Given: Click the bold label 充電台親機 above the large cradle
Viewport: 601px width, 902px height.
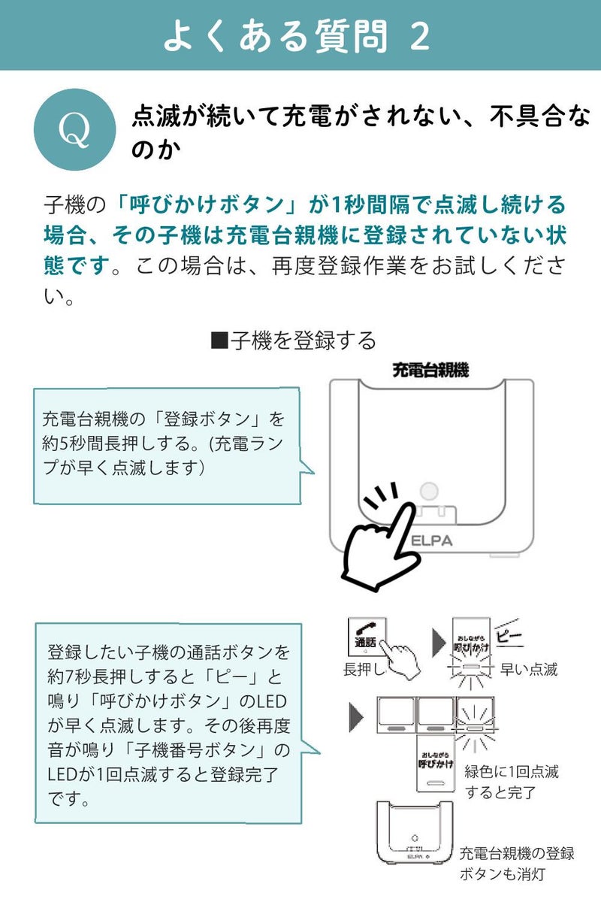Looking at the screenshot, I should click(430, 369).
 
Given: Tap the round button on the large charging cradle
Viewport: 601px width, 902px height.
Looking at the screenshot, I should click(428, 492).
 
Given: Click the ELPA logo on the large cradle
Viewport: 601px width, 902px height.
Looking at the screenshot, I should click(431, 539).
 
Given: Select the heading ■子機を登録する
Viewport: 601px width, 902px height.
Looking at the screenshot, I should click(294, 341).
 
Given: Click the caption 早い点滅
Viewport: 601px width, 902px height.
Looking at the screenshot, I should click(530, 669).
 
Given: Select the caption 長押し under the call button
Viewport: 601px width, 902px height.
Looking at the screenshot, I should click(364, 669).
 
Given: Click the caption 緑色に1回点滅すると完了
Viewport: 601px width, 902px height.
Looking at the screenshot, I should click(512, 781).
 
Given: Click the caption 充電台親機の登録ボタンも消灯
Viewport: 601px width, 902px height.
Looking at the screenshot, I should click(517, 864).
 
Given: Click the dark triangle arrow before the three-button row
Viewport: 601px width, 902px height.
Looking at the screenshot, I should click(356, 718).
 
